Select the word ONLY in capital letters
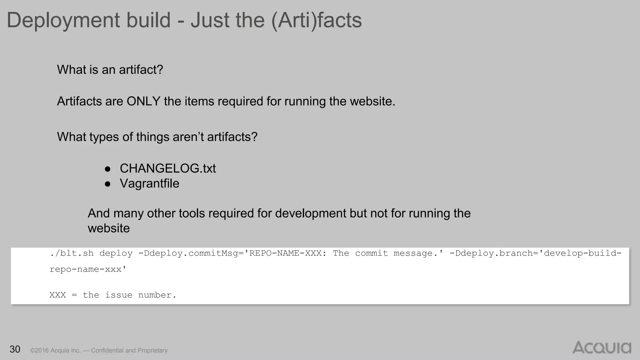coord(143,101)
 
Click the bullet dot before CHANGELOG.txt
coord(107,169)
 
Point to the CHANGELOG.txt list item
coord(167,168)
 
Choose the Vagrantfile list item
coord(149,183)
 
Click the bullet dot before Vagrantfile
coord(107,184)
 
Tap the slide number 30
coord(15,349)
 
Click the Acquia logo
coord(602,347)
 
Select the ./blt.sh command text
coord(72,253)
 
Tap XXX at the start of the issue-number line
coord(58,295)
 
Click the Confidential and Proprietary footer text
coord(129,350)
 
